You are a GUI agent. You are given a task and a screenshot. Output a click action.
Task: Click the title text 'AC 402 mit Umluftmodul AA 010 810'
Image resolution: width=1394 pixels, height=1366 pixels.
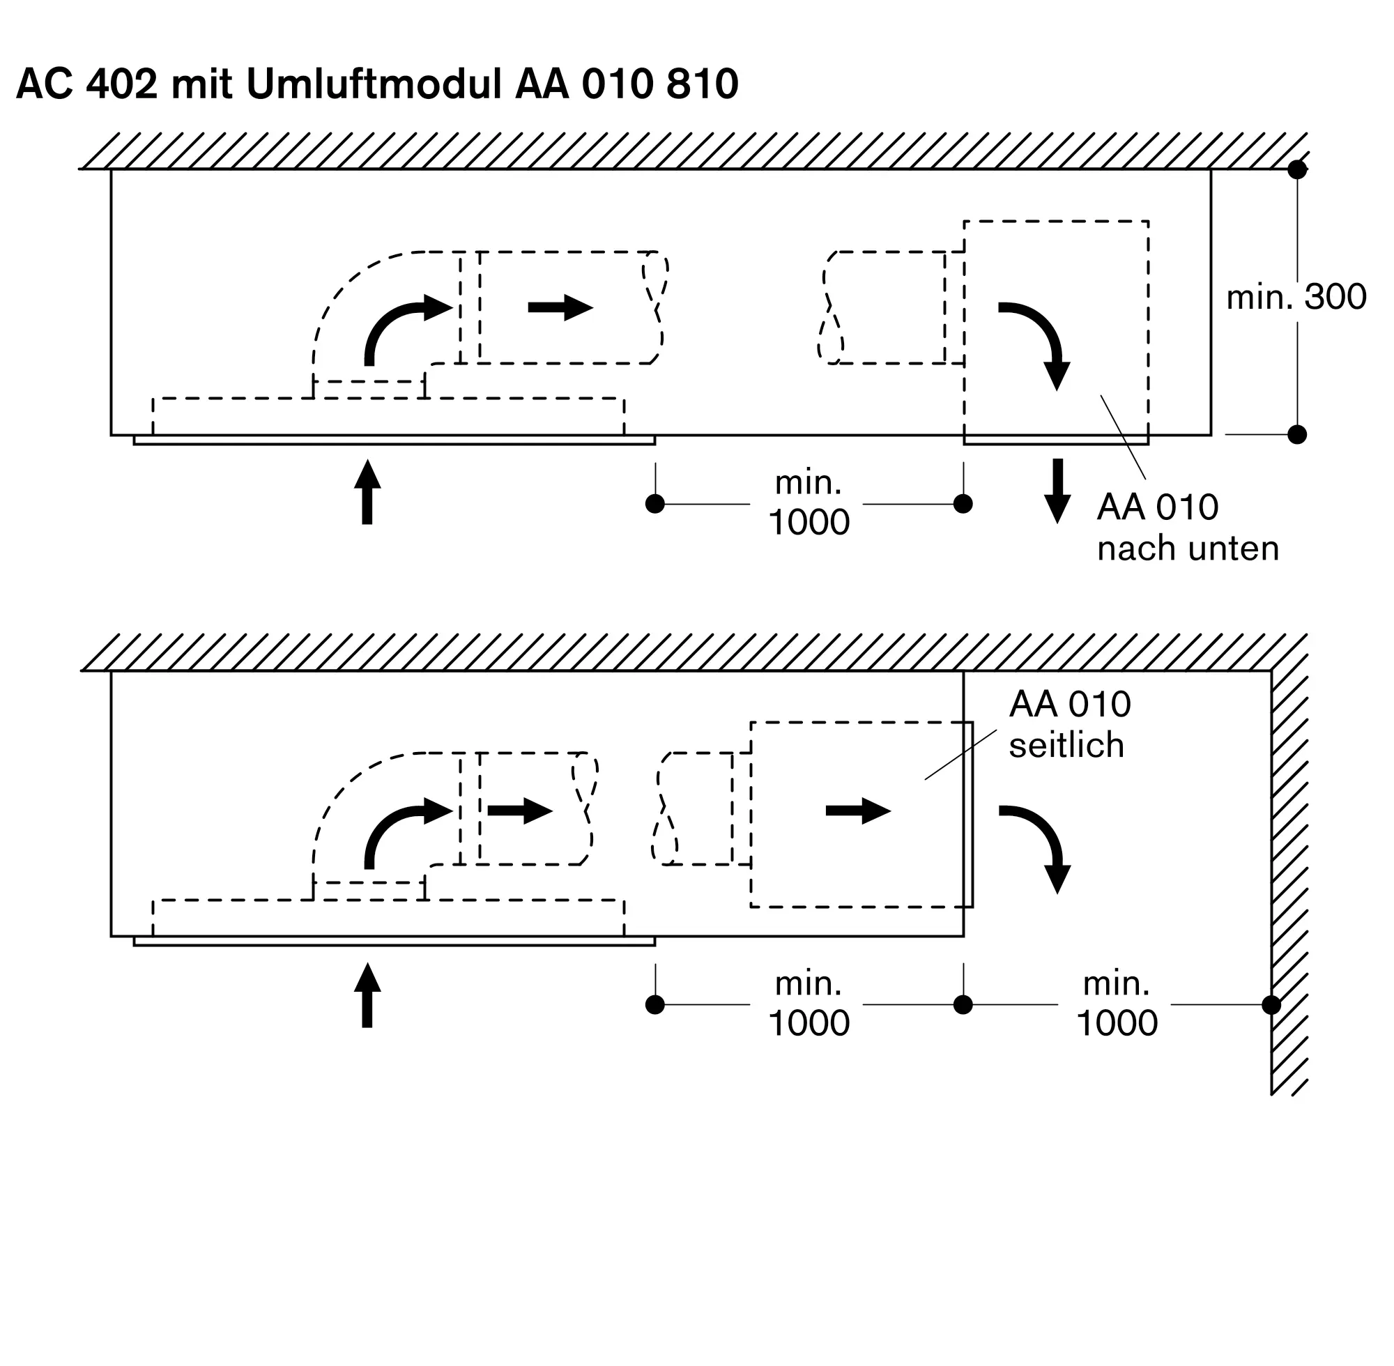point(376,84)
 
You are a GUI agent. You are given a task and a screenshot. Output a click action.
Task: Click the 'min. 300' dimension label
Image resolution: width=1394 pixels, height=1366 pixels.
point(1296,297)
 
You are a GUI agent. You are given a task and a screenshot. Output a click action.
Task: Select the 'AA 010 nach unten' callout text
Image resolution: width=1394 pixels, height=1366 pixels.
point(1188,528)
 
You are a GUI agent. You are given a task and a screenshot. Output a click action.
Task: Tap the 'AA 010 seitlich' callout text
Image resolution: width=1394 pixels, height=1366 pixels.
point(1069,725)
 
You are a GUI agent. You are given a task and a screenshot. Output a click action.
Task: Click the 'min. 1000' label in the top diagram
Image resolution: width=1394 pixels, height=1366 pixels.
point(809,503)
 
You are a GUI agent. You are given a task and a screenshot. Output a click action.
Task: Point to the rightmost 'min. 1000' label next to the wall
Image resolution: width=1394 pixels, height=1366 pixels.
point(1117,1004)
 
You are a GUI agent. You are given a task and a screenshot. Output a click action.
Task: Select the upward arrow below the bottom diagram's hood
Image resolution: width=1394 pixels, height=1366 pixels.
point(367,995)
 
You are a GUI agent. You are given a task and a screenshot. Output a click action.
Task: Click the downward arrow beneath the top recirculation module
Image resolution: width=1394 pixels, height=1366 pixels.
point(1057,491)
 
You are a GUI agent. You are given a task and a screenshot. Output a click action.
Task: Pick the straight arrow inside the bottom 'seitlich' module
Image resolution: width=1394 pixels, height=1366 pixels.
point(858,811)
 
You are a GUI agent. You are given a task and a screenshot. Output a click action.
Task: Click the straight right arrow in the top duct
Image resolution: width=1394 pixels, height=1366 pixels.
point(560,308)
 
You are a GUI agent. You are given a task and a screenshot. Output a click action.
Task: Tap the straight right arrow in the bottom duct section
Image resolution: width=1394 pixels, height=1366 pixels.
point(520,811)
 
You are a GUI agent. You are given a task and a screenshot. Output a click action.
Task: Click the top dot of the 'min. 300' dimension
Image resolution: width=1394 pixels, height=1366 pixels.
point(1297,170)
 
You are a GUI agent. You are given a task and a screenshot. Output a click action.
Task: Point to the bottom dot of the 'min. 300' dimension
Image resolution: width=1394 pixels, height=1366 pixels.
point(1297,435)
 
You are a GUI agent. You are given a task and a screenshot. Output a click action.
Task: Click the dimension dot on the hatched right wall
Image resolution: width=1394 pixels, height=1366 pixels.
point(1271,1005)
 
